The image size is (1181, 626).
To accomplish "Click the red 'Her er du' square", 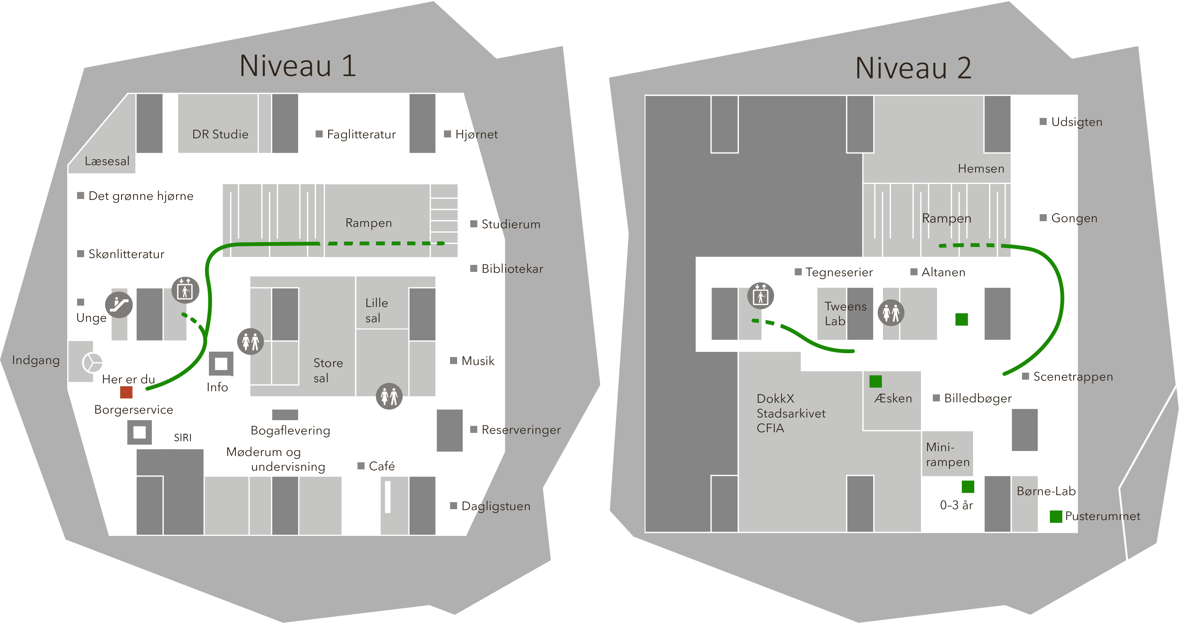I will coord(126,392).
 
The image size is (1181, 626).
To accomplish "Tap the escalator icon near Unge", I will coord(119,305).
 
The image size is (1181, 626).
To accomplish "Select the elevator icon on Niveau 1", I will coord(185,290).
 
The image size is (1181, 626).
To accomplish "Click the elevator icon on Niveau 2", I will coord(761,296).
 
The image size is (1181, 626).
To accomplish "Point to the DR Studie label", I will coord(220,134).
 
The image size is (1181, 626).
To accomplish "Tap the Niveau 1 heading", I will coord(298,66).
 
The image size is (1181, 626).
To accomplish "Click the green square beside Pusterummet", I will coord(1056,516).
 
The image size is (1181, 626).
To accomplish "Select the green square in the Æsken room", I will coord(875,381).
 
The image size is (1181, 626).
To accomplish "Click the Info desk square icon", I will coord(221,364).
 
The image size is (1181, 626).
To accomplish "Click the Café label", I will coord(381,466).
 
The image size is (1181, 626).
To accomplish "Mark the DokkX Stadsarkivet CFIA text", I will coord(790,413).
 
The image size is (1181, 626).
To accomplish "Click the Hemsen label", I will coord(981,169).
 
